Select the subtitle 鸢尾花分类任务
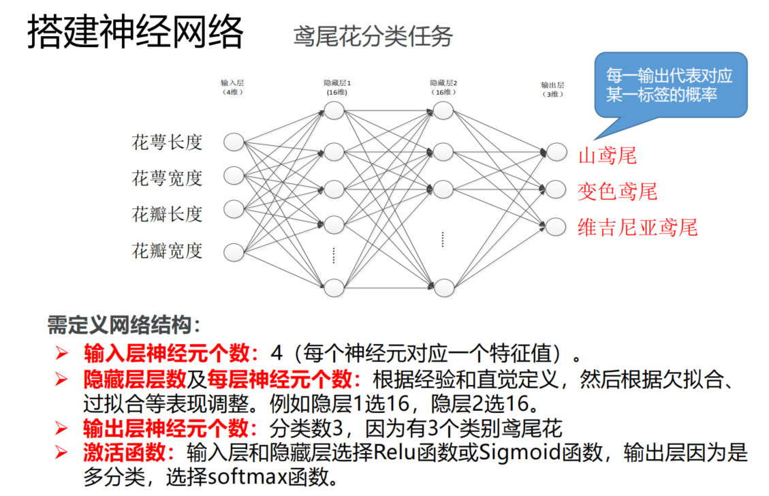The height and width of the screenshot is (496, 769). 373,36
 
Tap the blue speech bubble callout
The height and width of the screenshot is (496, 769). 670,85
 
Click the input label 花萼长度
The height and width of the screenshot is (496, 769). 167,142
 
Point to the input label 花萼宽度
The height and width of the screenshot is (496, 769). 167,179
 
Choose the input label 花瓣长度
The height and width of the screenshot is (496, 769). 167,214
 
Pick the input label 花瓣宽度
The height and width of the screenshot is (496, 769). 167,251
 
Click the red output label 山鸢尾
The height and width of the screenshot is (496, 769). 607,156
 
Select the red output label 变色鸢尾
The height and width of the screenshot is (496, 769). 617,191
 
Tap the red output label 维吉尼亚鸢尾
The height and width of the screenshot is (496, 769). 638,227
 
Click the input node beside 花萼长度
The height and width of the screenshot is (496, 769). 234,142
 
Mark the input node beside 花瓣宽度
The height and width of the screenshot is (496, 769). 234,250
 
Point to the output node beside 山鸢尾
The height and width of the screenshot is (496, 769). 556,151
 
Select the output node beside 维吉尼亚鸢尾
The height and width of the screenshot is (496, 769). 556,224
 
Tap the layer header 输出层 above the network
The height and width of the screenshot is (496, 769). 552,85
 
